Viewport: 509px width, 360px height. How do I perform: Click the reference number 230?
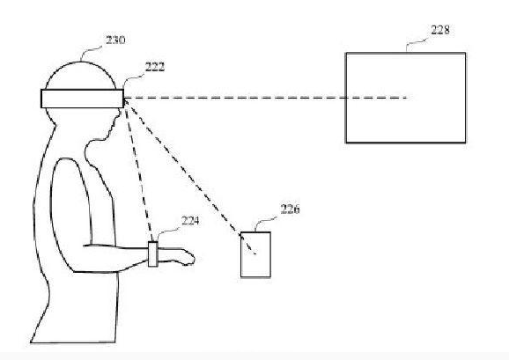[115, 40]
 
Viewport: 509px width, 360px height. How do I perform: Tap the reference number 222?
[155, 67]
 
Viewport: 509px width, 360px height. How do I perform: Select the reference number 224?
[190, 221]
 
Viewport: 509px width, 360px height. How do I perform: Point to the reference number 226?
[290, 209]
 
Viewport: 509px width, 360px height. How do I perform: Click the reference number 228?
[440, 30]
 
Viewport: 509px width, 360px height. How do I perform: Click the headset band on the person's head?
[82, 99]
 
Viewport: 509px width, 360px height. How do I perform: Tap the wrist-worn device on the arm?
[153, 254]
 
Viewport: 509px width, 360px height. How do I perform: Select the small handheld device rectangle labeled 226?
[255, 254]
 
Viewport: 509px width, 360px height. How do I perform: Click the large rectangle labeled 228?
[405, 98]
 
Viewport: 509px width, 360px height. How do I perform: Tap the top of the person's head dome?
[80, 62]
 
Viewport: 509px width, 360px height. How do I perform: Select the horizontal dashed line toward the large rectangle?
[266, 98]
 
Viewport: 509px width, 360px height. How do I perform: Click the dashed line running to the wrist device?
[139, 170]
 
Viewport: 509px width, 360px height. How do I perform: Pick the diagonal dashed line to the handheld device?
[190, 176]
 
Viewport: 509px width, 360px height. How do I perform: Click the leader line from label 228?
[417, 44]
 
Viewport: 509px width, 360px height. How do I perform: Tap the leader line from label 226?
[266, 224]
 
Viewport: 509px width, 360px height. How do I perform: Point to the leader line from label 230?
[92, 53]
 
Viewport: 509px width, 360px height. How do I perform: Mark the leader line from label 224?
[167, 233]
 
